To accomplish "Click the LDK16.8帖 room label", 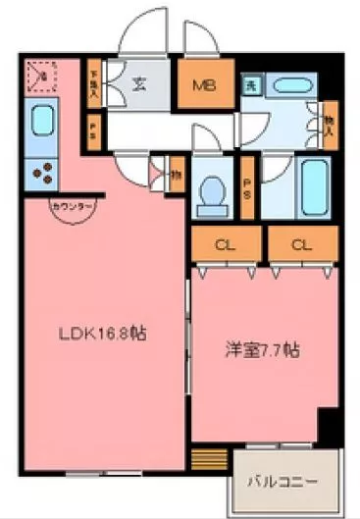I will pyautogui.click(x=101, y=334).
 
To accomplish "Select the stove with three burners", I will pyautogui.click(x=42, y=174).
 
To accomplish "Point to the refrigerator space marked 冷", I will pyautogui.click(x=40, y=74).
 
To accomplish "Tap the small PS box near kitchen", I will pyautogui.click(x=93, y=128).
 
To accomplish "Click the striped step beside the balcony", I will pyautogui.click(x=206, y=458).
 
